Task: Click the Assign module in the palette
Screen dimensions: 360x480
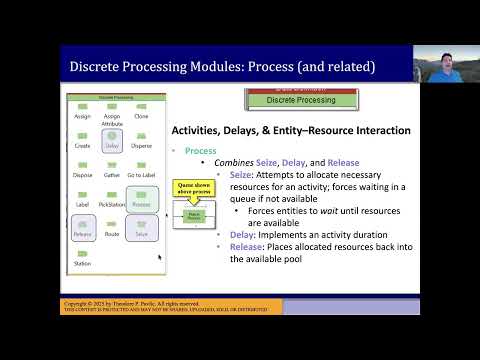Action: (82, 108)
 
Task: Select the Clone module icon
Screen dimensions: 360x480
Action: (140, 108)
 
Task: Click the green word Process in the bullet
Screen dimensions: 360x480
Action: (201, 150)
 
